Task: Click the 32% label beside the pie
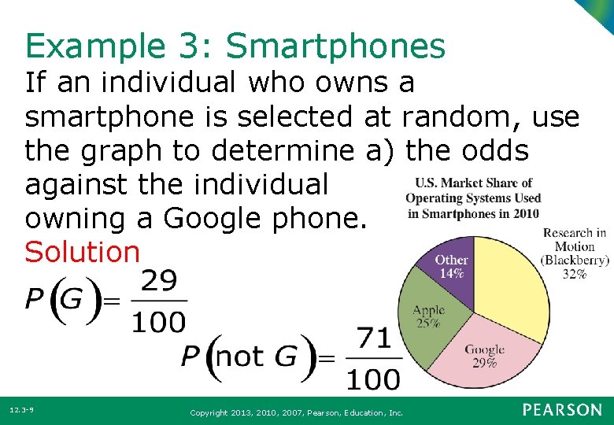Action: coord(575,274)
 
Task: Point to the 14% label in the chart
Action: coord(451,274)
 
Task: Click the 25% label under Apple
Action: coord(428,323)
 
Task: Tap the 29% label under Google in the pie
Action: coord(484,363)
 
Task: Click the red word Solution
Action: coord(82,252)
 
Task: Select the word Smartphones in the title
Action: coord(335,47)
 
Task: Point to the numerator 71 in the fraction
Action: coord(375,339)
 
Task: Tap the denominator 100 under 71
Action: coord(375,379)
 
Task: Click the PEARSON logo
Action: coord(561,410)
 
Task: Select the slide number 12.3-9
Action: coord(21,410)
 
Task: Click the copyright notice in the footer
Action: coord(297,412)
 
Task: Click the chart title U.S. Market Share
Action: coord(473,183)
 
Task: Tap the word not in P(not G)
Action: coord(239,357)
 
